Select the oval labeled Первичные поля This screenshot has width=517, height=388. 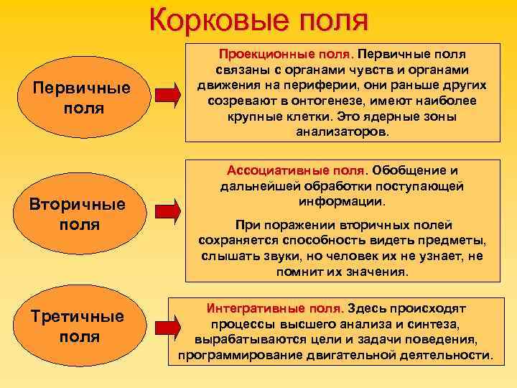pyautogui.click(x=81, y=98)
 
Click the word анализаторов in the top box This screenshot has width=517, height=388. pyautogui.click(x=343, y=132)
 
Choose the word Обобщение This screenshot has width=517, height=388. pyautogui.click(x=411, y=170)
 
